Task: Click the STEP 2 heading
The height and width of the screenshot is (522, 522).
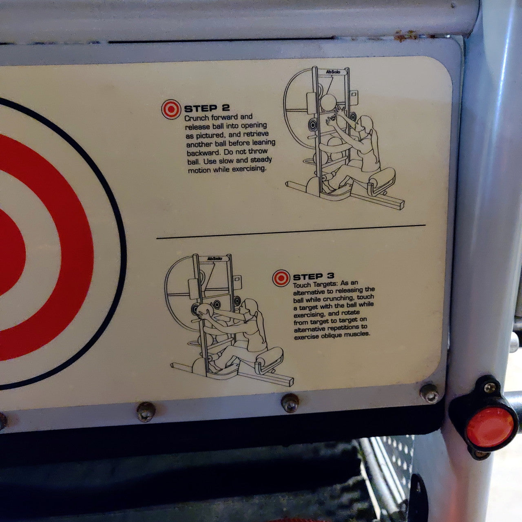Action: coord(207,108)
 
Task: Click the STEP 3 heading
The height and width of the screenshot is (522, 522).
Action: coord(314,276)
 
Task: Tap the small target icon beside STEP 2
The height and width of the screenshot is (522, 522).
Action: coord(171,109)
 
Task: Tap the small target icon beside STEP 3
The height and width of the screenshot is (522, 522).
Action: coord(281,278)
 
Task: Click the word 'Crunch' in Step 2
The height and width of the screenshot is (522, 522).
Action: coord(197,118)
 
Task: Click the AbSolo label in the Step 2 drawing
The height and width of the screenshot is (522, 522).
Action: coord(333,72)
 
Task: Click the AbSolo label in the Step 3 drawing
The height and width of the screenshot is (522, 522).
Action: coord(215,259)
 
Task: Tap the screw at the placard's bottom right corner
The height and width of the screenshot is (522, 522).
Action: coord(429,393)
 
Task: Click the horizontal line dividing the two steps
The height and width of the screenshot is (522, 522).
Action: coord(291,232)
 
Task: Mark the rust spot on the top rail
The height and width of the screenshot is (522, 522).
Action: coord(405,36)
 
